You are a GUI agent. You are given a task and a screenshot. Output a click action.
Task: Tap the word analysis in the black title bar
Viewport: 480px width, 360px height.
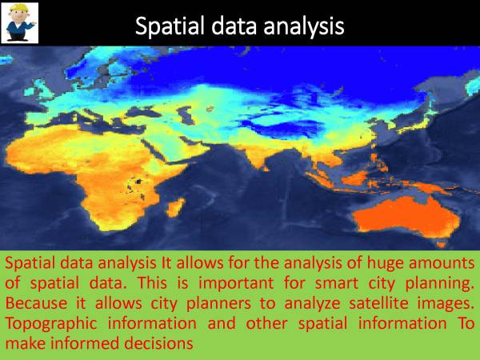pos(302,26)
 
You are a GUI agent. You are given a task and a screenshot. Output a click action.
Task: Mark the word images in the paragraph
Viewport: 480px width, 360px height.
pos(442,305)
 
